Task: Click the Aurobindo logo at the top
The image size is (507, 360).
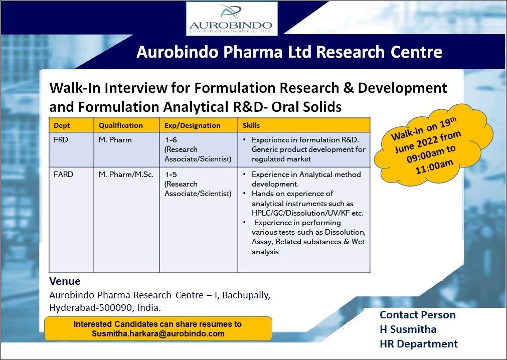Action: [x=232, y=19]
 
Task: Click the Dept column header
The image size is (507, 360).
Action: [x=62, y=125]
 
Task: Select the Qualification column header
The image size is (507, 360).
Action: [x=120, y=125]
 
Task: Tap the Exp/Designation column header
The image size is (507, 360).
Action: [x=193, y=125]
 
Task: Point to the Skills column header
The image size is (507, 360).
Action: [x=251, y=125]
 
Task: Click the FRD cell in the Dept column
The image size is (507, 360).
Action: [x=61, y=140]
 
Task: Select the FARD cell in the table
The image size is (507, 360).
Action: [x=63, y=174]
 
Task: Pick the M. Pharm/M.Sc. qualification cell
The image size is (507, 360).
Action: [x=126, y=174]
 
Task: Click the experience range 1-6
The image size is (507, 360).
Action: [x=171, y=140]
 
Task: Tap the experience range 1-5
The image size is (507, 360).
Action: [x=171, y=174]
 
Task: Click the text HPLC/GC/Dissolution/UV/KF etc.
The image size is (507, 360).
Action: [x=307, y=213]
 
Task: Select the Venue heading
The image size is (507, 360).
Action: [x=65, y=281]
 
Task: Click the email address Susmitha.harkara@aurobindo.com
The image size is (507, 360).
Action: [x=158, y=334]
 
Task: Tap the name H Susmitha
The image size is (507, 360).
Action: [x=408, y=329]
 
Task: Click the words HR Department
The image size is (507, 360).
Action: [x=419, y=344]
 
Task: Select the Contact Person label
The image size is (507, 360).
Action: [x=417, y=315]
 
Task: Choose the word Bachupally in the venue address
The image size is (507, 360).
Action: [x=246, y=295]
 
